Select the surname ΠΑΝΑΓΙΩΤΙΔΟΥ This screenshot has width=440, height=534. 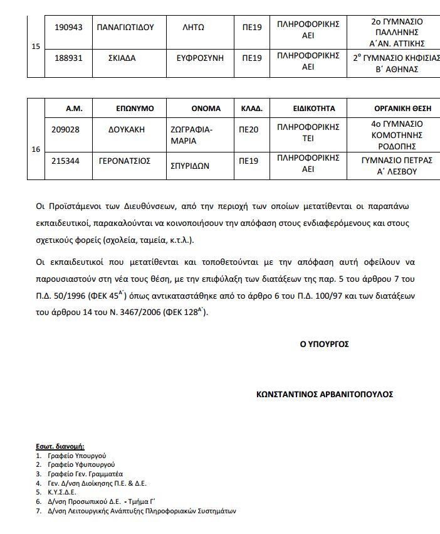126,28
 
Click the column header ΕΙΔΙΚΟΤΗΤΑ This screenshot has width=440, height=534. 308,108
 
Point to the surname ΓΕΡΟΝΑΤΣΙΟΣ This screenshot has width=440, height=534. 125,161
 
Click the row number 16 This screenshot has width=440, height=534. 36,150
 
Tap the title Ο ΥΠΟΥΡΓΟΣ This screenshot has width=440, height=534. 324,344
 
